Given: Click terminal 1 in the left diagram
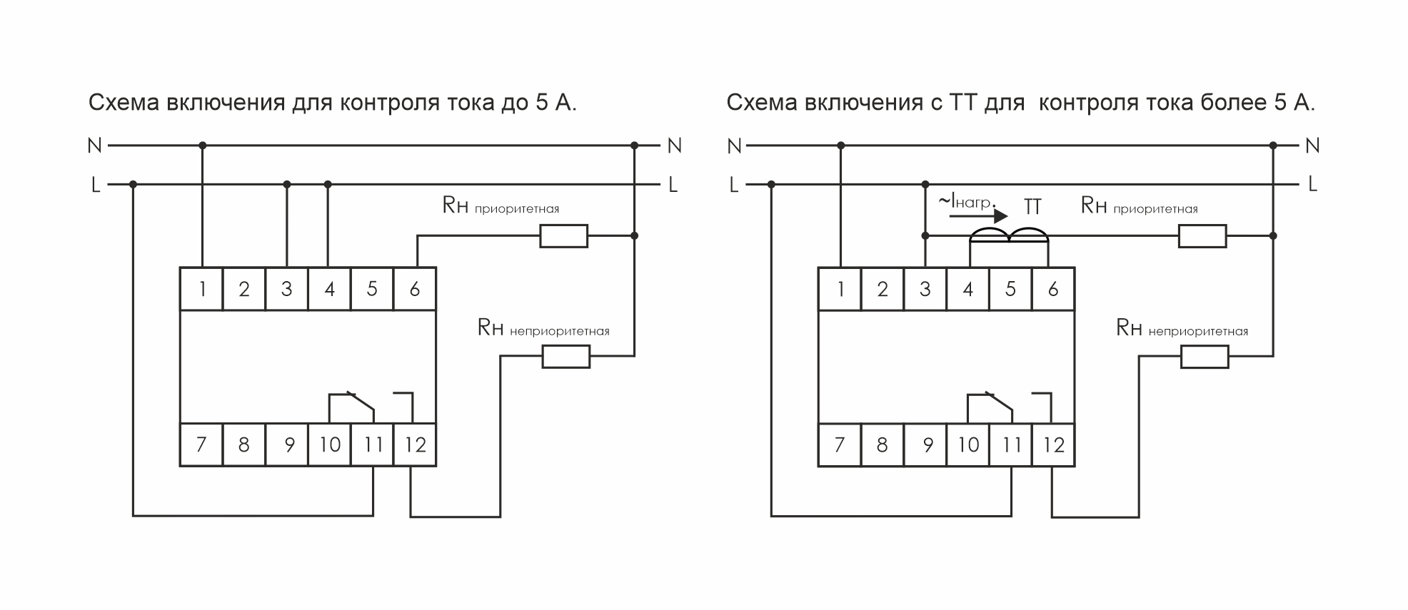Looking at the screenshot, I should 202,289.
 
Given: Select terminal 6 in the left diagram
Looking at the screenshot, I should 414,289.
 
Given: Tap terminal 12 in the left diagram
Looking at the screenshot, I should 414,445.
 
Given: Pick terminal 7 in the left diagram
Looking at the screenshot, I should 201,445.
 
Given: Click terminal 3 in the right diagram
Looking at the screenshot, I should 925,289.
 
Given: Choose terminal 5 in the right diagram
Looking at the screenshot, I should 1010,289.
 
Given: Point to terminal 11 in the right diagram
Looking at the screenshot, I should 1011,445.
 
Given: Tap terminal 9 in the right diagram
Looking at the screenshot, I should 925,445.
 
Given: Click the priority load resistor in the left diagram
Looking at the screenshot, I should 563,236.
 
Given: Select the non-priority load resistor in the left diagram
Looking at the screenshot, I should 565,356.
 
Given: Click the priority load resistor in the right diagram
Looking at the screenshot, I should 1202,236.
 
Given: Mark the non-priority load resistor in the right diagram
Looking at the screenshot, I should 1204,356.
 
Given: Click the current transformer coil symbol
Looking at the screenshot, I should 1008,235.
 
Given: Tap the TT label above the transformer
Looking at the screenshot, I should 1032,207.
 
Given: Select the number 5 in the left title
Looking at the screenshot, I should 542,103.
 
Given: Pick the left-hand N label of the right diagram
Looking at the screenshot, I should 734,146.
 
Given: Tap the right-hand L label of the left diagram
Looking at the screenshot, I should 673,185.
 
